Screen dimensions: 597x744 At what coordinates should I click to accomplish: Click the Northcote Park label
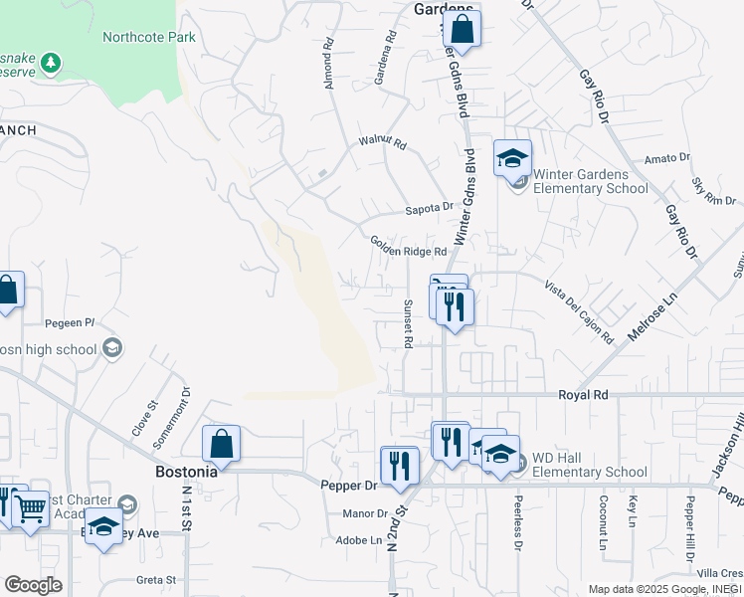click(x=149, y=37)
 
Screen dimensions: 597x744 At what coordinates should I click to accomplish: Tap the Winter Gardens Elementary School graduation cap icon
click(x=512, y=158)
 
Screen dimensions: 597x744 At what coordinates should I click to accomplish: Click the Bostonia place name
click(x=186, y=472)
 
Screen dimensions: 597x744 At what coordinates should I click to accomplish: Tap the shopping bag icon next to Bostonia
click(x=221, y=444)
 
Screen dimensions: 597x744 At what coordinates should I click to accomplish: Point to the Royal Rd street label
click(x=583, y=395)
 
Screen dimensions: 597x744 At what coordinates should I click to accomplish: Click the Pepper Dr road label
click(x=349, y=486)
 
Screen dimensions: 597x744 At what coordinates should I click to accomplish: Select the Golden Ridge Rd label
click(x=409, y=246)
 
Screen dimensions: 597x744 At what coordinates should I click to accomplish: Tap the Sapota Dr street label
click(x=429, y=209)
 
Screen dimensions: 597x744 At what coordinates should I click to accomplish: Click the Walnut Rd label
click(x=383, y=144)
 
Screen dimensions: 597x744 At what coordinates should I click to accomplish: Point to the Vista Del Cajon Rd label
click(x=579, y=311)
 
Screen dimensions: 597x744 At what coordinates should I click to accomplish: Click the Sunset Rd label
click(x=408, y=323)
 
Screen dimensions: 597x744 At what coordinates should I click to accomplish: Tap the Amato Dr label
click(x=666, y=158)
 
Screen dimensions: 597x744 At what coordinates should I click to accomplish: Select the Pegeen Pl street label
click(x=70, y=323)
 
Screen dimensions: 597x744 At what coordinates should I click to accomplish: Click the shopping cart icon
click(x=31, y=508)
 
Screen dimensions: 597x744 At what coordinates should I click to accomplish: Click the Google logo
click(x=33, y=584)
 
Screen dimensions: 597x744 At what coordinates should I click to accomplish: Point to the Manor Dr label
click(x=363, y=513)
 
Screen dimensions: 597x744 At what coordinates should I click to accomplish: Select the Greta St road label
click(x=156, y=579)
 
